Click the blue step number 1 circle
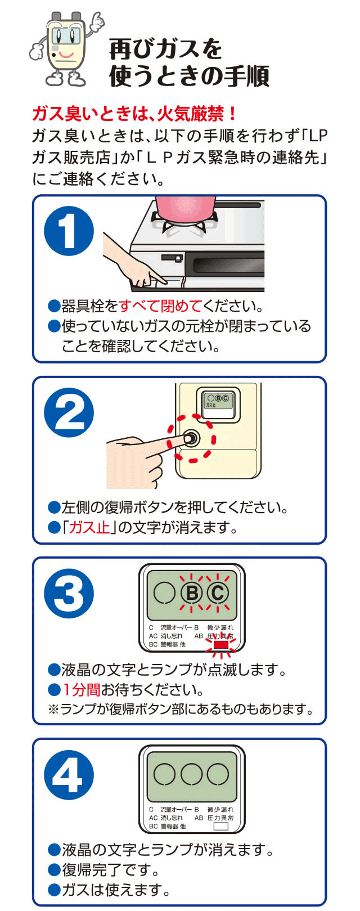pyautogui.click(x=69, y=231)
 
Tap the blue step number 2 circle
pyautogui.click(x=69, y=412)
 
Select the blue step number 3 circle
pyautogui.click(x=69, y=594)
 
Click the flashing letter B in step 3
pyautogui.click(x=192, y=593)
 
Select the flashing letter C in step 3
pyautogui.click(x=218, y=593)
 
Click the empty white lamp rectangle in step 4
pyautogui.click(x=220, y=827)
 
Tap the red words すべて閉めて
pyautogui.click(x=160, y=306)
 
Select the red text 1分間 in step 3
pyautogui.click(x=81, y=690)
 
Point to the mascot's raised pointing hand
pyautogui.click(x=97, y=21)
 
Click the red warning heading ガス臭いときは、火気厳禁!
pyautogui.click(x=135, y=114)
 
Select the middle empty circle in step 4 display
pyautogui.click(x=192, y=774)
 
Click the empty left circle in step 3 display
pyautogui.click(x=165, y=593)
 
